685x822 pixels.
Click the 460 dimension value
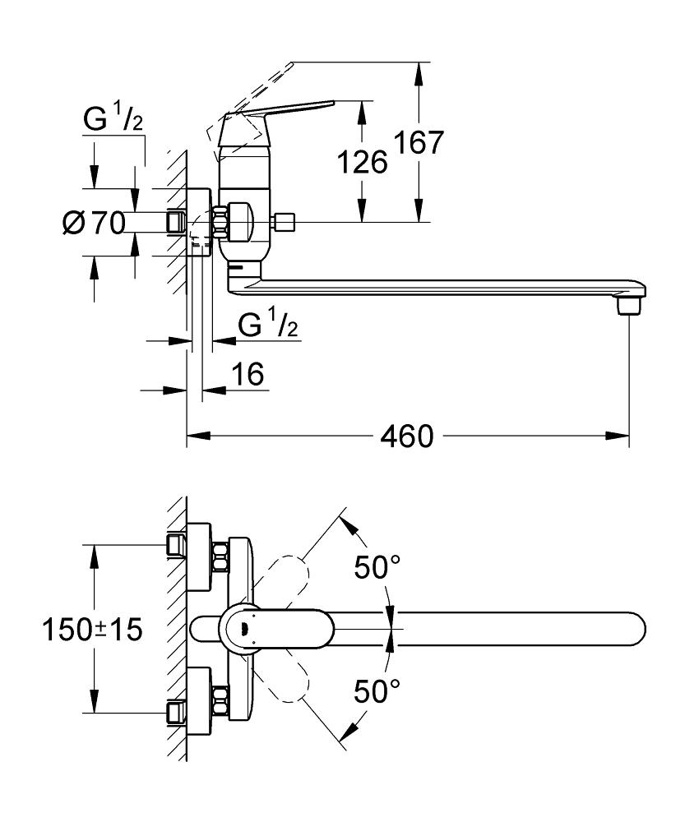click(x=406, y=436)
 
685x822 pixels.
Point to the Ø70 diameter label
click(x=92, y=222)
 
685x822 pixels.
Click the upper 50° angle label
click(x=375, y=567)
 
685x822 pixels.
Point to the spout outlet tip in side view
click(x=629, y=306)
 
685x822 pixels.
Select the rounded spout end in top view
click(x=633, y=630)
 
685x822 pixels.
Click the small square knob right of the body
click(x=285, y=221)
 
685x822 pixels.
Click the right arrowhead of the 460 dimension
click(x=623, y=436)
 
